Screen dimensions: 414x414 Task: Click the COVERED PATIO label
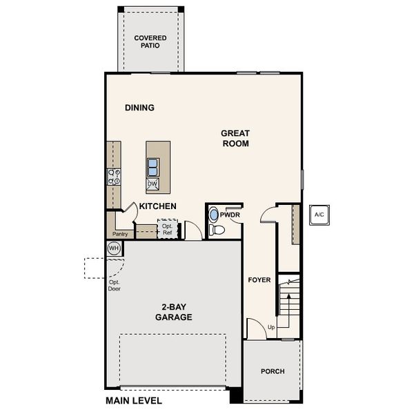pos(150,41)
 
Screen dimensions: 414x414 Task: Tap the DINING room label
pos(139,108)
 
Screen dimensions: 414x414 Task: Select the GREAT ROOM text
pos(235,138)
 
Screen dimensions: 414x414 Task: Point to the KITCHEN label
pos(158,206)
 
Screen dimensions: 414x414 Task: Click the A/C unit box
pos(319,215)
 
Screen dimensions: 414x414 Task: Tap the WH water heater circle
pos(114,248)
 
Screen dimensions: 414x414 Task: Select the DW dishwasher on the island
pos(152,184)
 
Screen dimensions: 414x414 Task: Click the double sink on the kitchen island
pos(153,166)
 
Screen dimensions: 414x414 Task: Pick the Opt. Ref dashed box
pos(167,229)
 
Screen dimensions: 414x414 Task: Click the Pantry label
pos(120,234)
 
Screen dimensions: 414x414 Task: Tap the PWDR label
pos(230,215)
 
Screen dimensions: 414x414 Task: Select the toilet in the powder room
pos(217,230)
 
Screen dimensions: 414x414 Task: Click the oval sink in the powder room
pos(214,215)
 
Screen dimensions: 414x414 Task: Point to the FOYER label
pos(259,279)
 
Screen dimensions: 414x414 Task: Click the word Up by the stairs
pos(271,326)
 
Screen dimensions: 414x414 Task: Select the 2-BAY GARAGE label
pos(174,312)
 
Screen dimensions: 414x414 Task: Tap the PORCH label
pos(273,371)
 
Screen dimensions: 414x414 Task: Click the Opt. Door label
pos(115,286)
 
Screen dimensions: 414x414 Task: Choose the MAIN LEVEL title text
pos(134,401)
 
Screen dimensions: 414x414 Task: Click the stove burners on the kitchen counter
pos(114,176)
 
